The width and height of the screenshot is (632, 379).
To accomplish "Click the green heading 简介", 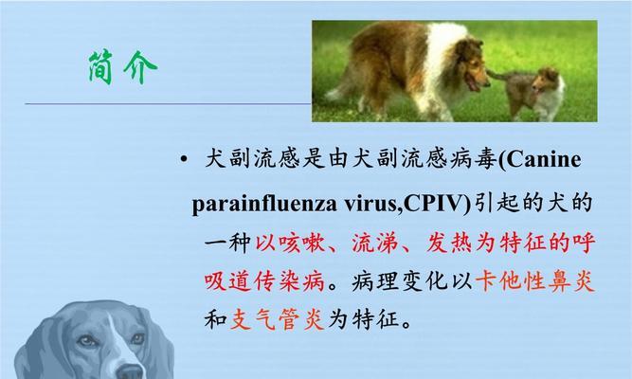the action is pyautogui.click(x=123, y=67).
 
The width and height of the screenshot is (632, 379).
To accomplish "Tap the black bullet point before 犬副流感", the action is pyautogui.click(x=184, y=159).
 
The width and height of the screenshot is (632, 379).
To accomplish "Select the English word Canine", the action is pyautogui.click(x=543, y=160).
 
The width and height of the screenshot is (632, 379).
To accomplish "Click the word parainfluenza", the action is pyautogui.click(x=264, y=204).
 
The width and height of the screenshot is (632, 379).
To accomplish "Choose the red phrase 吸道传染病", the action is pyautogui.click(x=264, y=281).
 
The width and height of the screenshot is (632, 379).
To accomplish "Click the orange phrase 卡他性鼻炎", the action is pyautogui.click(x=535, y=281).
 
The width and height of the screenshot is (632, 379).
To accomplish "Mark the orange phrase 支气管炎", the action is pyautogui.click(x=277, y=319).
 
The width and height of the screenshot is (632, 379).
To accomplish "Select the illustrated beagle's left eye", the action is pyautogui.click(x=87, y=341).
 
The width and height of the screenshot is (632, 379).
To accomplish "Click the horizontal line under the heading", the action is pyautogui.click(x=168, y=104).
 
